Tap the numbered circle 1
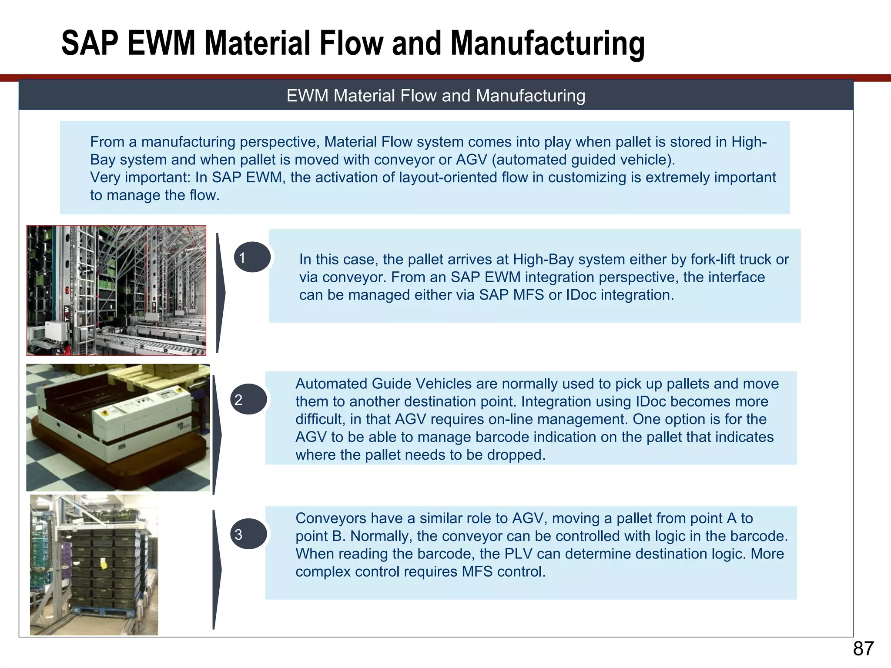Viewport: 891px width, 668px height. pyautogui.click(x=252, y=257)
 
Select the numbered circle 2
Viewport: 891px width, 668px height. pyautogui.click(x=248, y=399)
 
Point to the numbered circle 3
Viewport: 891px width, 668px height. pyautogui.click(x=248, y=534)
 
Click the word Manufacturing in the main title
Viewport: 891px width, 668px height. pyautogui.click(x=547, y=43)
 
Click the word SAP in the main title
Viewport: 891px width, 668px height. pyautogui.click(x=90, y=43)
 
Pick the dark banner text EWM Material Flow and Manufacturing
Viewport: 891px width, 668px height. pyautogui.click(x=435, y=96)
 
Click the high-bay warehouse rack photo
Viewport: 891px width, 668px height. pyautogui.click(x=116, y=290)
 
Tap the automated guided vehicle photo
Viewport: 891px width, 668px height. pyautogui.click(x=118, y=428)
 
